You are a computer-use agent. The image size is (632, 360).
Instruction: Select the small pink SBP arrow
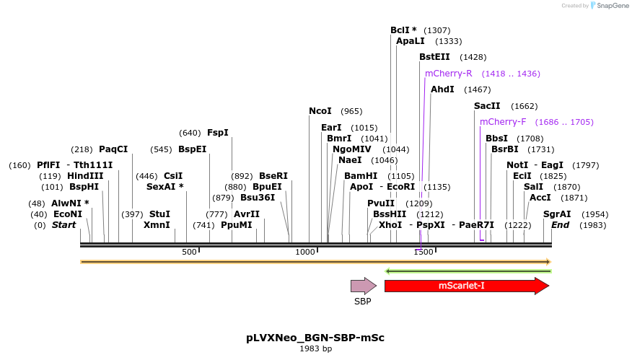[x=363, y=286]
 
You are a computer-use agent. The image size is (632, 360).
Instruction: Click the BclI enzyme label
[x=403, y=30]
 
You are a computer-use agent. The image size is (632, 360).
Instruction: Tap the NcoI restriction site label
[x=320, y=111]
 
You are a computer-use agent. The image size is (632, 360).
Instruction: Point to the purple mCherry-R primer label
[x=448, y=74]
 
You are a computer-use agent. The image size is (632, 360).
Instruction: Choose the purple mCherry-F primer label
[x=503, y=122]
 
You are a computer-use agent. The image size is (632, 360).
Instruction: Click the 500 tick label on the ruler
[x=189, y=252]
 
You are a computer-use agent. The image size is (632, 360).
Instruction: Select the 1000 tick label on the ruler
[x=305, y=252]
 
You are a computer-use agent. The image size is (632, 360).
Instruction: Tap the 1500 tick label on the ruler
[x=423, y=252]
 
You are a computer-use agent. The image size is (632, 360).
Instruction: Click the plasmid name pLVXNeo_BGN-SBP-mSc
[x=315, y=338]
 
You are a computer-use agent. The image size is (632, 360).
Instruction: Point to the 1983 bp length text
[x=315, y=349]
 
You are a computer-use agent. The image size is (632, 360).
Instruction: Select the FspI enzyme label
[x=217, y=133]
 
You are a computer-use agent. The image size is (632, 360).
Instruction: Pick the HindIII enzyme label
[x=85, y=176]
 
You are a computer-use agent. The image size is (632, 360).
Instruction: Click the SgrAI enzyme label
[x=557, y=214]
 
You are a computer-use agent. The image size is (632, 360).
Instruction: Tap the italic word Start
[x=63, y=225]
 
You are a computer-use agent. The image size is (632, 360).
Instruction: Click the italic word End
[x=560, y=225]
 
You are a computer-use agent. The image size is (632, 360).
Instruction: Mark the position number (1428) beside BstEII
[x=473, y=57]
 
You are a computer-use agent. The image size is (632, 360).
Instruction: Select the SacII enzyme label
[x=487, y=106]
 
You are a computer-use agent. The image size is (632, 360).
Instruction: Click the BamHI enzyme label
[x=360, y=176]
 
